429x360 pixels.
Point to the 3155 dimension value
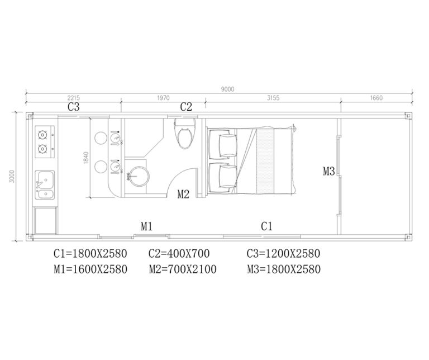tap(273, 98)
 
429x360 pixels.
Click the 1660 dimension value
tap(376, 98)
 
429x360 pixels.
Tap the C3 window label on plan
tap(74, 106)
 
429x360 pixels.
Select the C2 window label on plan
tap(186, 106)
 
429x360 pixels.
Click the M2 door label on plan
tap(184, 194)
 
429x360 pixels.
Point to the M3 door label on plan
tap(329, 172)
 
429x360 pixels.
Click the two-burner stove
tap(44, 141)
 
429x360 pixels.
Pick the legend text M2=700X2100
tap(183, 269)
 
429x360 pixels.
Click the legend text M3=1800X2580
tap(283, 269)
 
